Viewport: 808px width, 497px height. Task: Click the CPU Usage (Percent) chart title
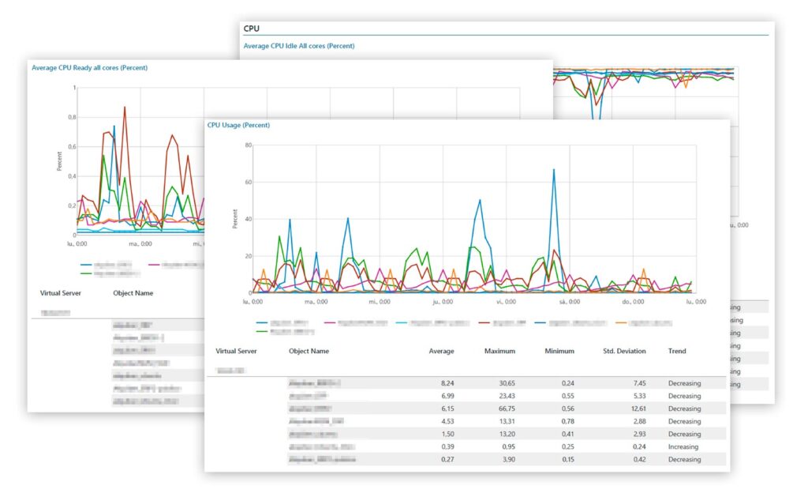point(238,125)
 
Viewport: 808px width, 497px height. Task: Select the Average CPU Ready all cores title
point(89,68)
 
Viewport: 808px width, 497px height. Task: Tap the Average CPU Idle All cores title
point(299,46)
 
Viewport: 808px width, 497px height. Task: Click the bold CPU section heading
point(252,28)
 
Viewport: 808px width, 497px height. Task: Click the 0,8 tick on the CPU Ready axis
point(72,117)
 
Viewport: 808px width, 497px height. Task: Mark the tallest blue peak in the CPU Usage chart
point(554,170)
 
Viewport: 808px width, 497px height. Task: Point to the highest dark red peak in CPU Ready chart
point(125,107)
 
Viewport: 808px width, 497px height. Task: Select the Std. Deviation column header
point(623,351)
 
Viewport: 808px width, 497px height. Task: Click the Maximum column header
point(499,351)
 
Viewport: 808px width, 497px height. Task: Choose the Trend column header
point(677,351)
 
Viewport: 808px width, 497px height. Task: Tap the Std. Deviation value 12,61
point(635,409)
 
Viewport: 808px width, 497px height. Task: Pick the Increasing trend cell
point(683,446)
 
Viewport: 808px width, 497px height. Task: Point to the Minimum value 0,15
point(566,459)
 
